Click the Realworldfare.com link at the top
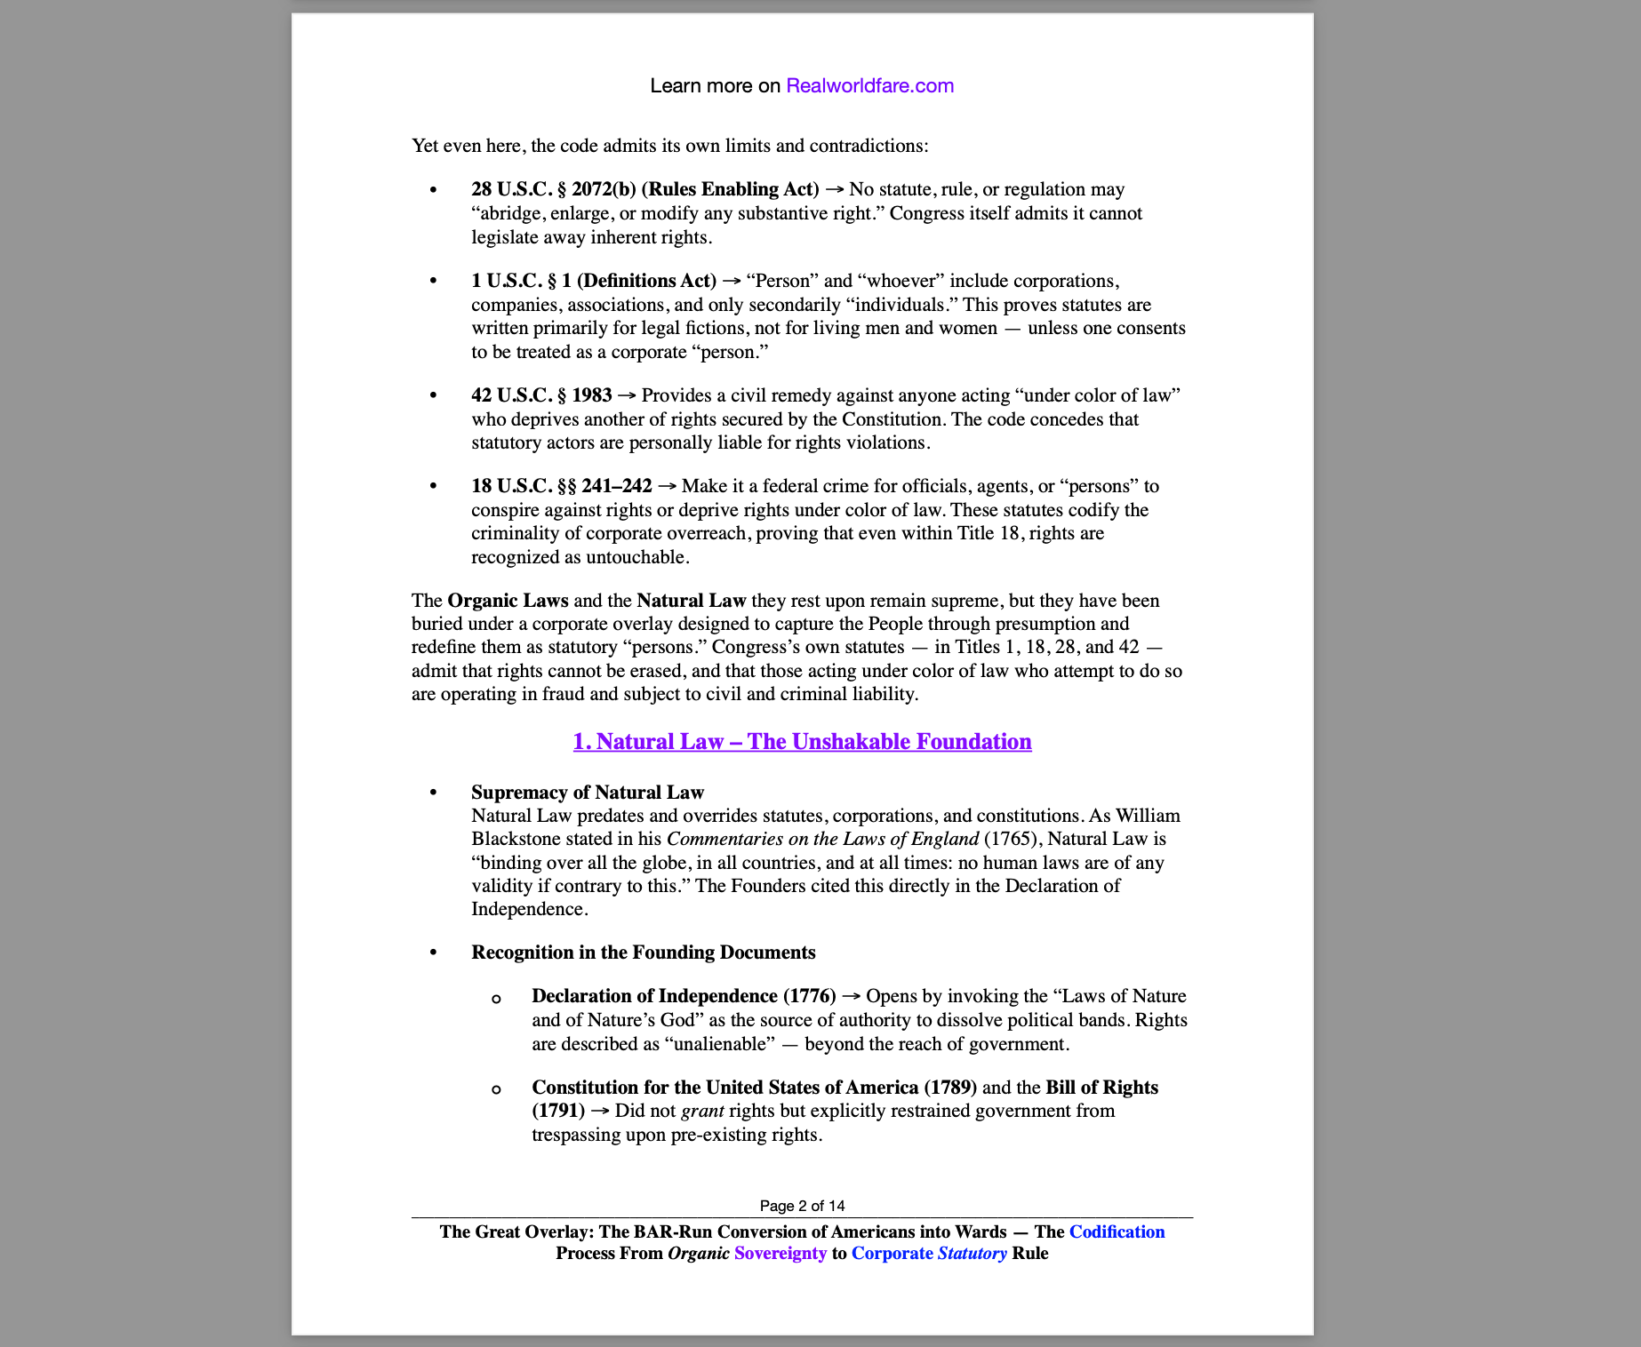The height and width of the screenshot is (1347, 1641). pos(869,86)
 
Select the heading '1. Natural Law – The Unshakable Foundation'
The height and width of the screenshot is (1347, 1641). pos(802,742)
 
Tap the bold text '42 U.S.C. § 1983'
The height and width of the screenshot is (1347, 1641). pos(541,395)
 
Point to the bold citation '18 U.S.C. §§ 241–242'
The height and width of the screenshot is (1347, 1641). pos(561,486)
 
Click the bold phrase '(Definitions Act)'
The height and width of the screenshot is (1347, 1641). pos(646,281)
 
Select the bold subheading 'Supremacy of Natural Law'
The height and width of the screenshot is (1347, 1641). pos(587,793)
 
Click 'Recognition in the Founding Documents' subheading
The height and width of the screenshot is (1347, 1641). pos(643,952)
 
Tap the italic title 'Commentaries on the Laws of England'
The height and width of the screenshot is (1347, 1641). pos(822,839)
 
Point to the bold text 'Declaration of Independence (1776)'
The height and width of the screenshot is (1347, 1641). pos(684,996)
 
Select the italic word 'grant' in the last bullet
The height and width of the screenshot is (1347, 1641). pos(702,1111)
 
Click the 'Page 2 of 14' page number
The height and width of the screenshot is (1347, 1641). pos(802,1206)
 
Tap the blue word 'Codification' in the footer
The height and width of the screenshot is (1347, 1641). pos(1117,1231)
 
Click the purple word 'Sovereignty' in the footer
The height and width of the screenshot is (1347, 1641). pos(780,1253)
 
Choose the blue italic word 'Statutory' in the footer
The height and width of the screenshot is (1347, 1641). pos(973,1253)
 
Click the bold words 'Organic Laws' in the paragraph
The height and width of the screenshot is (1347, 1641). pos(508,601)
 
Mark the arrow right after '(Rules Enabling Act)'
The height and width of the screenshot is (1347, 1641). pos(834,189)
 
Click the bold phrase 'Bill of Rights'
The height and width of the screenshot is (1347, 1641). pos(1101,1088)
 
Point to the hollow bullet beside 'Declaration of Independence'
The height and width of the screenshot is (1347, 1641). pos(496,999)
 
